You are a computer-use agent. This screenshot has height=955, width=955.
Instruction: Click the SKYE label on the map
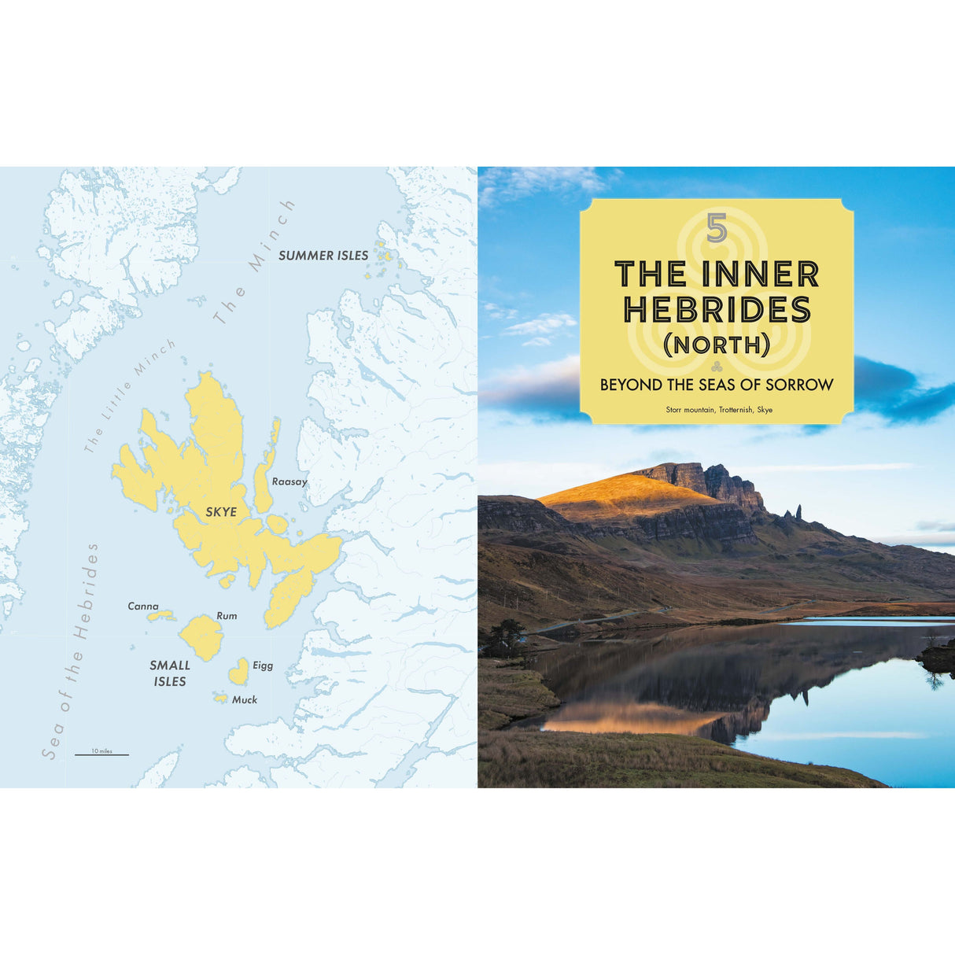coord(221,512)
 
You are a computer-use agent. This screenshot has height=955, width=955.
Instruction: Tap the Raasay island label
coord(289,481)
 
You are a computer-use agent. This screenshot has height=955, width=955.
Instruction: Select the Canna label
coord(143,607)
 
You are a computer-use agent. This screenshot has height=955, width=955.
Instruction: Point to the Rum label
coord(227,616)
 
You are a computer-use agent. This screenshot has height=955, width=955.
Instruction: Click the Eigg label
coord(263,666)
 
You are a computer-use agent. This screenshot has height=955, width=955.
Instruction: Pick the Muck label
coord(245,699)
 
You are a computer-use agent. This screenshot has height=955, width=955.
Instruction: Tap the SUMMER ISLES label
coord(323,256)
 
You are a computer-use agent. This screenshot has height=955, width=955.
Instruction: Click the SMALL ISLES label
coord(170,673)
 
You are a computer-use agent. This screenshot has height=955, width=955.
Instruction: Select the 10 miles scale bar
coord(101,754)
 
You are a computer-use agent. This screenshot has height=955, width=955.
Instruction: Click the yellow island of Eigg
coord(238,673)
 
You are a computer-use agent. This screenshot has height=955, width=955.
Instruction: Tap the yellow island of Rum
coord(201,637)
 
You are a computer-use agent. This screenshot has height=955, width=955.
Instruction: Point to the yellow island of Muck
coord(220,698)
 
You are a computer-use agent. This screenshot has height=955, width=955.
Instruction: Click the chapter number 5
coord(716,228)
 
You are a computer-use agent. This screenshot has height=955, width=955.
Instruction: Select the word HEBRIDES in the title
coord(717,310)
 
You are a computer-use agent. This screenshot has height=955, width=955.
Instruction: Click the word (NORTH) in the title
coord(716,345)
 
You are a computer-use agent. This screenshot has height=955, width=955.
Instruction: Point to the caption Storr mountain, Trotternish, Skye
coord(719,410)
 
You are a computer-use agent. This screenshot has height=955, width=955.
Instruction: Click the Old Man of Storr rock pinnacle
coord(798,512)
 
